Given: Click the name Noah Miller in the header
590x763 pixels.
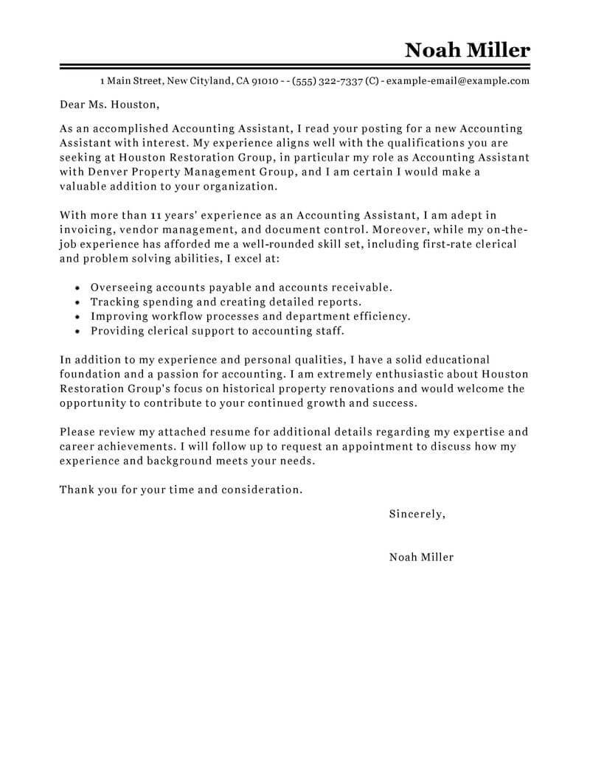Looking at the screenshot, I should pyautogui.click(x=467, y=50).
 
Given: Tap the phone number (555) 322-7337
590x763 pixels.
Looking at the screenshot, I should pyautogui.click(x=327, y=81).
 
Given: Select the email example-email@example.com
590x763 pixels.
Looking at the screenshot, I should pyautogui.click(x=458, y=81).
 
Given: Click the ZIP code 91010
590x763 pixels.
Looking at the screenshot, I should pyautogui.click(x=265, y=81).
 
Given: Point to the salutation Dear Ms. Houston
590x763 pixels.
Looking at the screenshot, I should pyautogui.click(x=109, y=105).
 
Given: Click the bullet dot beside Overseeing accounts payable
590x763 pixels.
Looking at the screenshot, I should pyautogui.click(x=78, y=288).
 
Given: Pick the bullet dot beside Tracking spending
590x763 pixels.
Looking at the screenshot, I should pyautogui.click(x=78, y=302).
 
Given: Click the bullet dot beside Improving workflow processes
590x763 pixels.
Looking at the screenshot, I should pyautogui.click(x=78, y=316).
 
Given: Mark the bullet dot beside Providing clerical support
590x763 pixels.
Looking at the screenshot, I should pyautogui.click(x=78, y=331).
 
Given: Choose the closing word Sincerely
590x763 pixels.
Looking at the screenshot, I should pyautogui.click(x=417, y=514).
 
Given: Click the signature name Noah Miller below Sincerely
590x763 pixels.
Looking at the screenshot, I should pyautogui.click(x=421, y=557).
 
